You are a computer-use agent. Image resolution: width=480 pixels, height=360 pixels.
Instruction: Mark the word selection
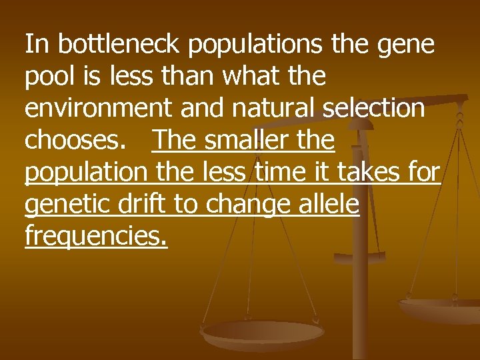tap(374, 109)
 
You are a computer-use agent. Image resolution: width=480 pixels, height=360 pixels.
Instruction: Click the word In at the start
tap(37, 45)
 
